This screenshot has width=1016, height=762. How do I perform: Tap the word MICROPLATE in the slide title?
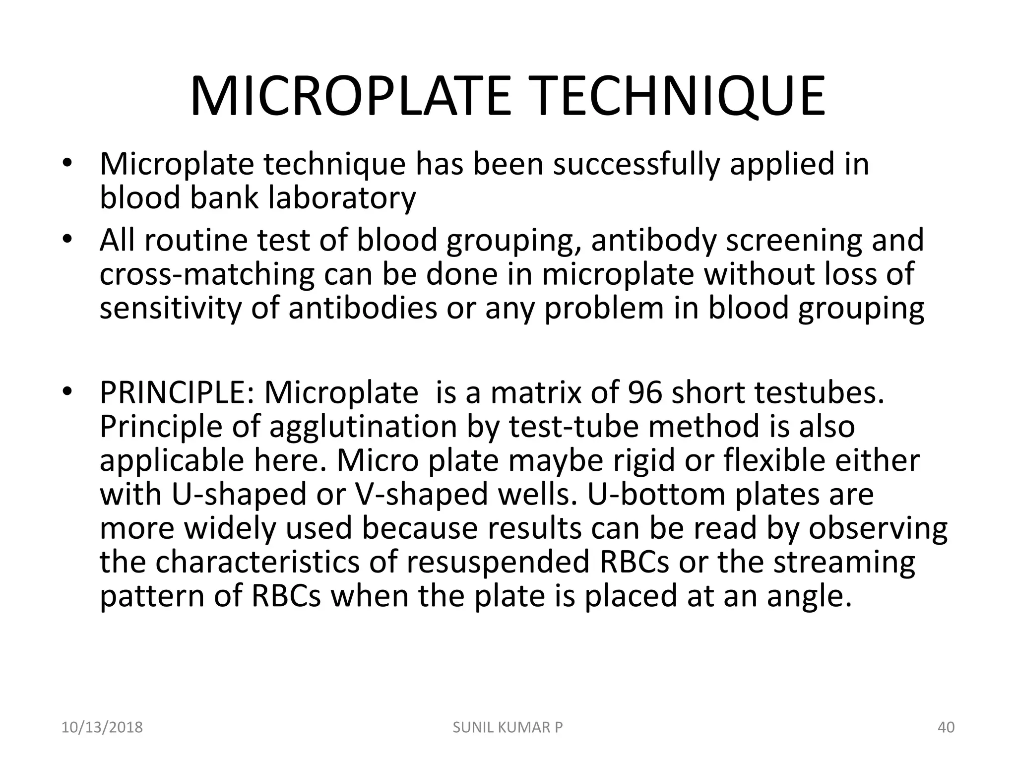point(350,97)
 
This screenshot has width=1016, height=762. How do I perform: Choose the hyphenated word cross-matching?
point(207,274)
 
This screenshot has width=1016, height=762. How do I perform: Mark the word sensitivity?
point(170,308)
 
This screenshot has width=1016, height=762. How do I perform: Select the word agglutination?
point(363,428)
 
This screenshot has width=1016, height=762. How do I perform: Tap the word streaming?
point(844,563)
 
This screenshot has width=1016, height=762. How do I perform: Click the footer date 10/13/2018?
point(102,728)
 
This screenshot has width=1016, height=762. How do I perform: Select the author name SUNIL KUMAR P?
point(508,728)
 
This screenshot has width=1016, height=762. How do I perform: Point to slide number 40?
point(946,728)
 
